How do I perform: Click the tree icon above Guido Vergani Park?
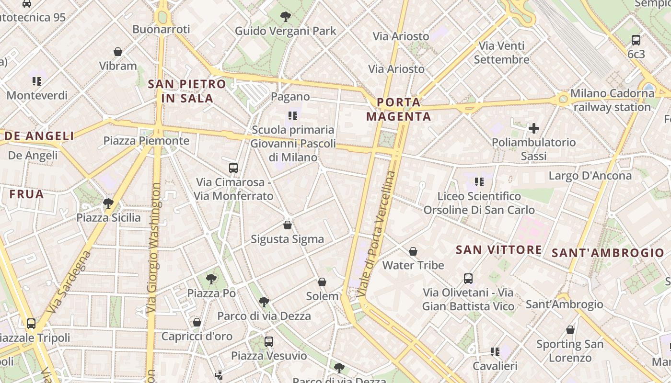[286, 17]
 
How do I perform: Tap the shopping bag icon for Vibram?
[118, 52]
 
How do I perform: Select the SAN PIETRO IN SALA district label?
[187, 91]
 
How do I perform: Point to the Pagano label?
[290, 97]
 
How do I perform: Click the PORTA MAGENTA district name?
[399, 109]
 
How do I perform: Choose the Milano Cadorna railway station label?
[612, 100]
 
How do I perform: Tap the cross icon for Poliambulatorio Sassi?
[534, 128]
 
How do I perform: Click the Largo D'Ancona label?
[590, 176]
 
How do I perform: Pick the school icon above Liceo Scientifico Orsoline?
[479, 182]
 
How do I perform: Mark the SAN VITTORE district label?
[498, 250]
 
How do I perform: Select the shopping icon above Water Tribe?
[413, 251]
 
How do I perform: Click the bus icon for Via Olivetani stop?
[468, 279]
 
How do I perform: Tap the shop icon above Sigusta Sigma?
[288, 225]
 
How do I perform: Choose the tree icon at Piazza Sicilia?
[108, 203]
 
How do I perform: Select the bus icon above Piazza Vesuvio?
[269, 342]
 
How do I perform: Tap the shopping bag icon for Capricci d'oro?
[197, 322]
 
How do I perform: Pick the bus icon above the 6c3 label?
[636, 40]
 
